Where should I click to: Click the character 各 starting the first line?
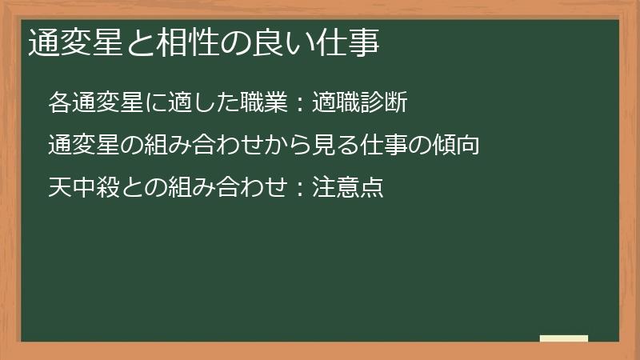tap(58, 103)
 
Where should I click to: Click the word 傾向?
tap(457, 146)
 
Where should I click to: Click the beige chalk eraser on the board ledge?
tap(564, 338)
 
